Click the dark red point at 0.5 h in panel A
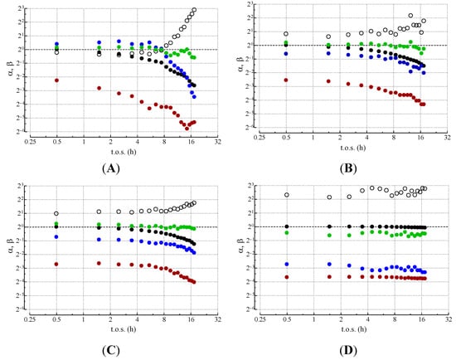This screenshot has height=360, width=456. point(56,80)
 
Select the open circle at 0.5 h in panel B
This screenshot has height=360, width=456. point(286,34)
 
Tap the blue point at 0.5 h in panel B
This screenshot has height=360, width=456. point(286,53)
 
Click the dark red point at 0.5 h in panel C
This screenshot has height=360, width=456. point(56,264)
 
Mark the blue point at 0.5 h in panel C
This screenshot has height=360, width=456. point(56,237)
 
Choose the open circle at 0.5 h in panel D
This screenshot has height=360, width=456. point(286,195)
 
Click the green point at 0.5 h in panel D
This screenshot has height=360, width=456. point(286,233)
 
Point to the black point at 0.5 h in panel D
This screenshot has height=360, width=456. point(286,226)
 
